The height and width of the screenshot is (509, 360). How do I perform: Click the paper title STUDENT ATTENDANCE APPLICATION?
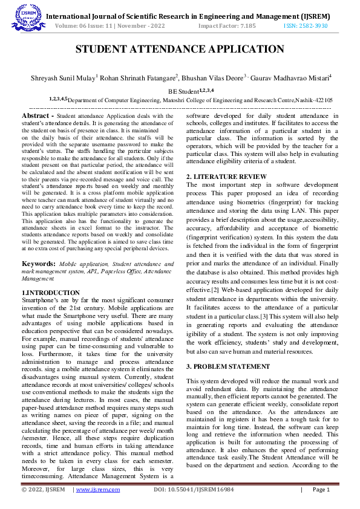click(179, 50)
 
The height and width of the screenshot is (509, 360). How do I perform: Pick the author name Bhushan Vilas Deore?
click(214, 77)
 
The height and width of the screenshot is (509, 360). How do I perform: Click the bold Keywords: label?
click(39, 264)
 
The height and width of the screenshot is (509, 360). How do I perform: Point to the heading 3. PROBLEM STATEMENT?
click(227, 366)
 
